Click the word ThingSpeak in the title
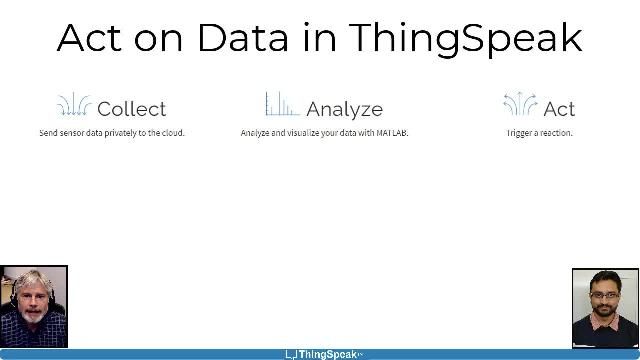pyautogui.click(x=465, y=38)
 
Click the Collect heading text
pyautogui.click(x=131, y=109)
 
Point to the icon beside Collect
pyautogui.click(x=74, y=105)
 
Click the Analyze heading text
pyautogui.click(x=344, y=109)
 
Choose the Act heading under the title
pyautogui.click(x=559, y=109)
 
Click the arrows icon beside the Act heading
pyautogui.click(x=519, y=105)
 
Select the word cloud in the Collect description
pyautogui.click(x=172, y=133)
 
